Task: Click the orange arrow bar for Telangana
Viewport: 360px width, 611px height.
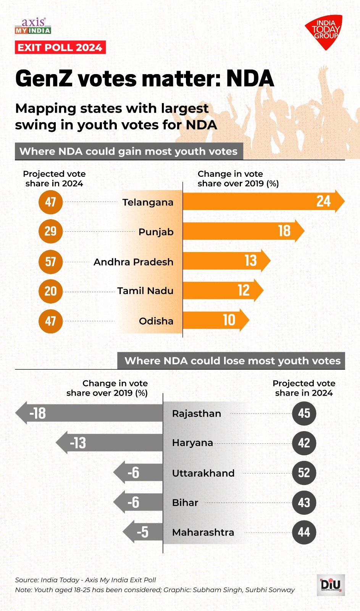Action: coord(260,201)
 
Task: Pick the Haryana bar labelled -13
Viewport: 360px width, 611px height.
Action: coord(111,443)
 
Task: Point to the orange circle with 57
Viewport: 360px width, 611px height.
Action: coord(50,262)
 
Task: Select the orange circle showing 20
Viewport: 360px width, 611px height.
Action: coord(50,291)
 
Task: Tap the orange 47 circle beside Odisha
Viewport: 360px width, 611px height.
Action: coord(50,321)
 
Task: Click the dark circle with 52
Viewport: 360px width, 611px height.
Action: coord(304,473)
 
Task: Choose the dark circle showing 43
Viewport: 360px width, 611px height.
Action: coord(304,503)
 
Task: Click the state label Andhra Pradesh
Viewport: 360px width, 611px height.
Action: coord(133,262)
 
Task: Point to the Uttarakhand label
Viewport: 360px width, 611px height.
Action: coord(203,473)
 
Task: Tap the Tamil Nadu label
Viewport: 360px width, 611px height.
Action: coord(145,291)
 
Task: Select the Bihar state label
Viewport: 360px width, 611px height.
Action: coord(185,503)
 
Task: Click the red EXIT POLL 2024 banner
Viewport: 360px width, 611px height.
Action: coord(60,47)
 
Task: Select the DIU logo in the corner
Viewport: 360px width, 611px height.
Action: coord(331,585)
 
